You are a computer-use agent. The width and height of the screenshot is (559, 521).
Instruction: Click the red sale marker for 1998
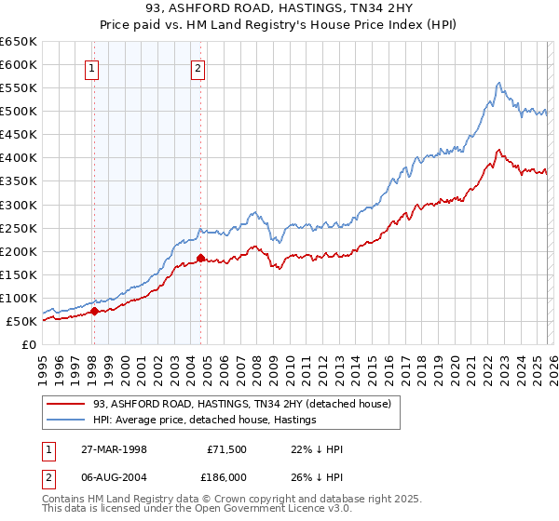point(95,312)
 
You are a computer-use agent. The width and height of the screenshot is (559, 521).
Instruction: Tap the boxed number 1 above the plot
point(93,66)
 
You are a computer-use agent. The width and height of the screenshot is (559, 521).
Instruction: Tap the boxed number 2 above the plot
point(199,66)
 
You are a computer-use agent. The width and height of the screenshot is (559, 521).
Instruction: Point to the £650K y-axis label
point(19,42)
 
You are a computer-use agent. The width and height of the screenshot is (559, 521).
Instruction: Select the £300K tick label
point(19,205)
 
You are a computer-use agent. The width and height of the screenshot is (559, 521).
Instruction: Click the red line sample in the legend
point(64,404)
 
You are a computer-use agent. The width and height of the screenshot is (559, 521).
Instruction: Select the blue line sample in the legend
point(64,421)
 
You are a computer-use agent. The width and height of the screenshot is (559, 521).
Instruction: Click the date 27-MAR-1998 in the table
point(111,449)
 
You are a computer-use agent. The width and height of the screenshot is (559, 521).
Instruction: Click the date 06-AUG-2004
point(111,475)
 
